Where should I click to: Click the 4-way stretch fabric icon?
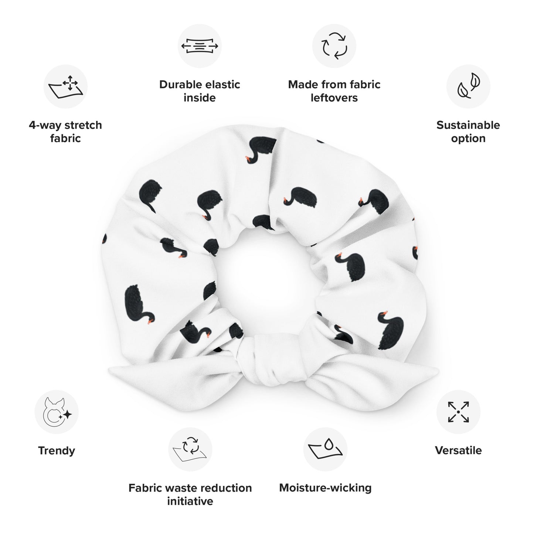coord(65,86)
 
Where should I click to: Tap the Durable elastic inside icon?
coord(200,46)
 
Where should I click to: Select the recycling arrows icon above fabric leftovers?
coord(334,46)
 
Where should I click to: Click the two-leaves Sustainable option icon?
coord(468,86)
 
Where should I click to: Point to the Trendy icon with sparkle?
coord(57,412)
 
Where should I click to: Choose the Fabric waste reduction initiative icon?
coord(190,449)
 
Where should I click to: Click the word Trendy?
coord(57,451)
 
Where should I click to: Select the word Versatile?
coord(458,450)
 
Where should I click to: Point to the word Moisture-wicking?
coord(325,488)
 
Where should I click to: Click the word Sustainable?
coord(468,125)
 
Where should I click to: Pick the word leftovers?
coord(334,98)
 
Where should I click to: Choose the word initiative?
coord(190,501)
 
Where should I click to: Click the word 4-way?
coord(45,125)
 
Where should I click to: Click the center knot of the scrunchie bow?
coord(272,360)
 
